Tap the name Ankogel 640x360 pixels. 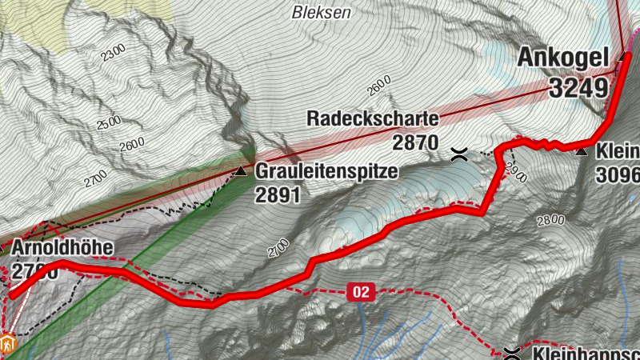[565, 58]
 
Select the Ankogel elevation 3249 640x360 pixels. [578, 87]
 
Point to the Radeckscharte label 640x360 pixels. [373, 120]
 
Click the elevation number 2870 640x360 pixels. [416, 142]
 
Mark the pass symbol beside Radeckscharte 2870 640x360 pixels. [459, 154]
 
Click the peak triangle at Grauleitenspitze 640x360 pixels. [240, 170]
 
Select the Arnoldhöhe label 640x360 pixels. [62, 248]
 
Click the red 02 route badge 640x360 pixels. [362, 293]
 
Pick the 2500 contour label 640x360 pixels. [108, 126]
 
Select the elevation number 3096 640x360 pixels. [618, 174]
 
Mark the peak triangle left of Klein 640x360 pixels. [582, 150]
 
